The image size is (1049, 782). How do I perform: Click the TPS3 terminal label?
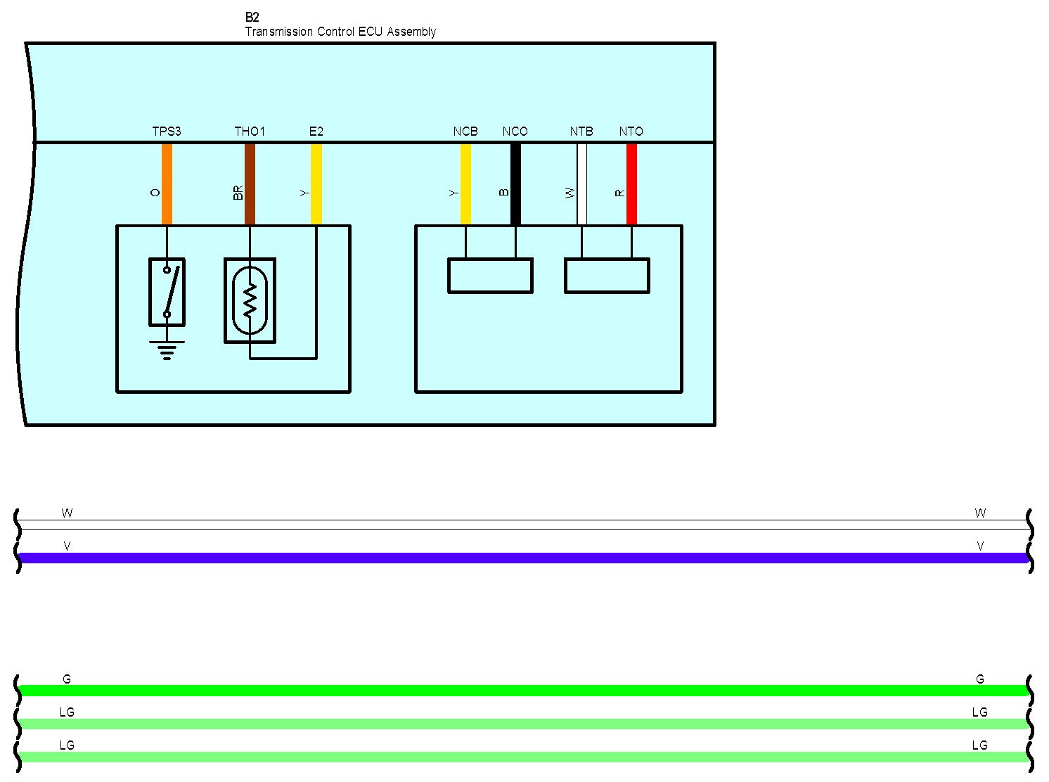(x=167, y=132)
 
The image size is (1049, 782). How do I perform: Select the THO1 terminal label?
(x=250, y=132)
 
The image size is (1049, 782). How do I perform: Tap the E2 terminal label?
(x=316, y=132)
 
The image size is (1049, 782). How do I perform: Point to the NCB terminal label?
(x=465, y=132)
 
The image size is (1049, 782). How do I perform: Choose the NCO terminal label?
(x=515, y=132)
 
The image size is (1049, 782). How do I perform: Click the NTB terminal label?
(x=581, y=132)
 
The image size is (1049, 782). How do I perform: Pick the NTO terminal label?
(x=631, y=132)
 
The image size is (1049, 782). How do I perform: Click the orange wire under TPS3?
(x=167, y=184)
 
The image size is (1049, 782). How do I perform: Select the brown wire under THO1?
(x=250, y=184)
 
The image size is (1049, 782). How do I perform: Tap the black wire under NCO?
(x=515, y=184)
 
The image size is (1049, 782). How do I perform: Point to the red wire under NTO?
(x=631, y=184)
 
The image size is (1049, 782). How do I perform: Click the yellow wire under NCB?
(x=465, y=184)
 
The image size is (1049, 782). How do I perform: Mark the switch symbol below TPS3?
(x=167, y=292)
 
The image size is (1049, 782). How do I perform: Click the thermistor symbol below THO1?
(x=250, y=300)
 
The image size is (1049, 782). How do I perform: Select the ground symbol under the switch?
(x=167, y=350)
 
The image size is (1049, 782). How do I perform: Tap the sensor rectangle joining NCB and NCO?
(x=490, y=276)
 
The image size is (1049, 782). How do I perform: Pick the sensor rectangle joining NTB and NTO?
(x=607, y=276)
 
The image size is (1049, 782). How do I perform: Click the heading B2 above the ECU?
(x=252, y=18)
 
